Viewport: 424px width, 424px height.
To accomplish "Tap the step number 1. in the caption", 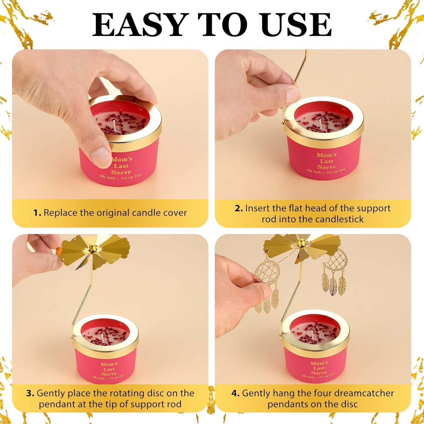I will click(37, 213).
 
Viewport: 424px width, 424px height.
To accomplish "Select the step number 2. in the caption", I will click(239, 208).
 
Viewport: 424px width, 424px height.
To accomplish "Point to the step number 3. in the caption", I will click(30, 393).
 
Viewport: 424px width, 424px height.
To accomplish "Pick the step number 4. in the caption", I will click(235, 393).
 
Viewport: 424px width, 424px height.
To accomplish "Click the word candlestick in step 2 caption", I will click(339, 219).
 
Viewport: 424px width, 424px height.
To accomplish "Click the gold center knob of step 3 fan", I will click(92, 248).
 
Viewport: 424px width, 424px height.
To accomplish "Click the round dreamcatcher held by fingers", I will click(265, 273).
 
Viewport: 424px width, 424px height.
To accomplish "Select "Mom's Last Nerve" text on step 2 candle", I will click(326, 161).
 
